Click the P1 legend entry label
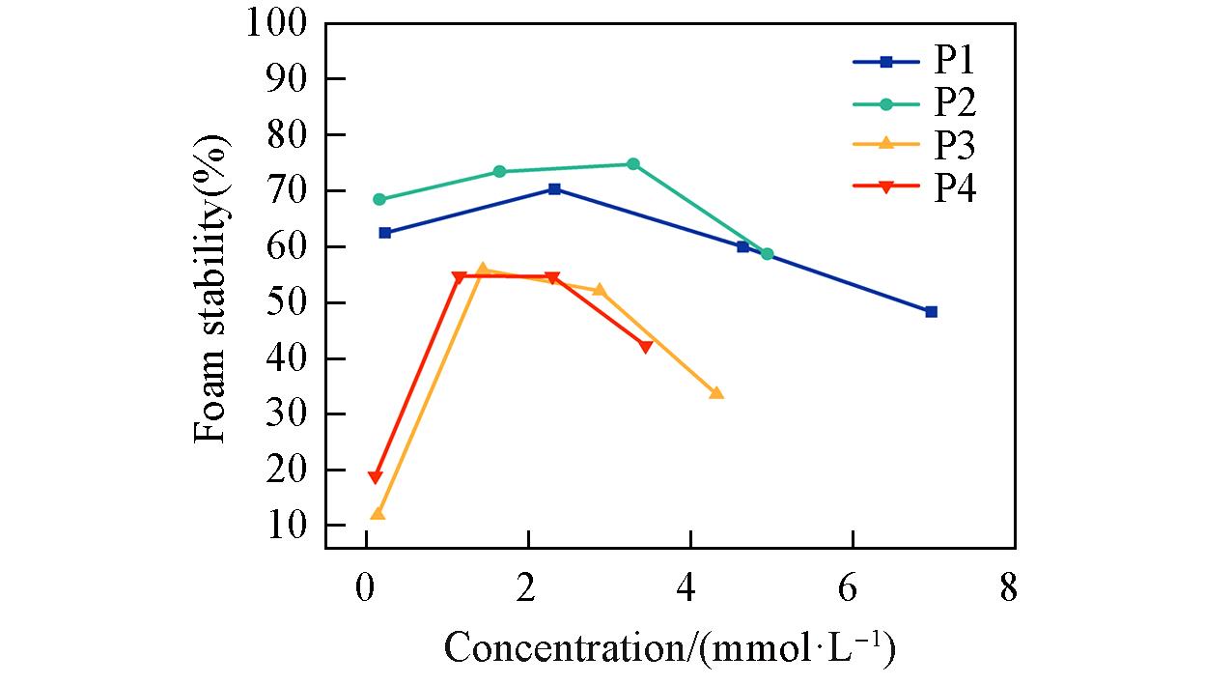coord(954,61)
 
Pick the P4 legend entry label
coord(954,188)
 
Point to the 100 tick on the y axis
coord(277,22)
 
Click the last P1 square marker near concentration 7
coord(931,311)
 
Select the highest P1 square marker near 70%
coord(554,188)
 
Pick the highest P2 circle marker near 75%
coord(633,164)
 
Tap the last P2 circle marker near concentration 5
coord(767,254)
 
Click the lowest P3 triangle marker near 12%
coord(378,514)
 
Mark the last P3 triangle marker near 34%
coord(716,393)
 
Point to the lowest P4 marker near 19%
coord(375,477)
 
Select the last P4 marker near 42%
coord(645,347)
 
